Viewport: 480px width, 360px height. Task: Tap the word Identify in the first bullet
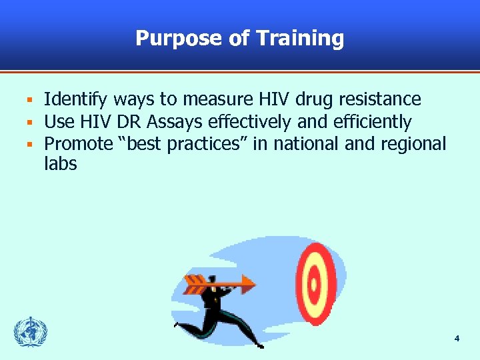click(76, 100)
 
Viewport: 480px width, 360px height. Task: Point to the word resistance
click(379, 100)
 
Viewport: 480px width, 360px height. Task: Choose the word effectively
click(249, 122)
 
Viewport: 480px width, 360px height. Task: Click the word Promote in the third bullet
click(79, 143)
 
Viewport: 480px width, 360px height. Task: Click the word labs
click(61, 163)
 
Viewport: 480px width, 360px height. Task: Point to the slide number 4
click(457, 339)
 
